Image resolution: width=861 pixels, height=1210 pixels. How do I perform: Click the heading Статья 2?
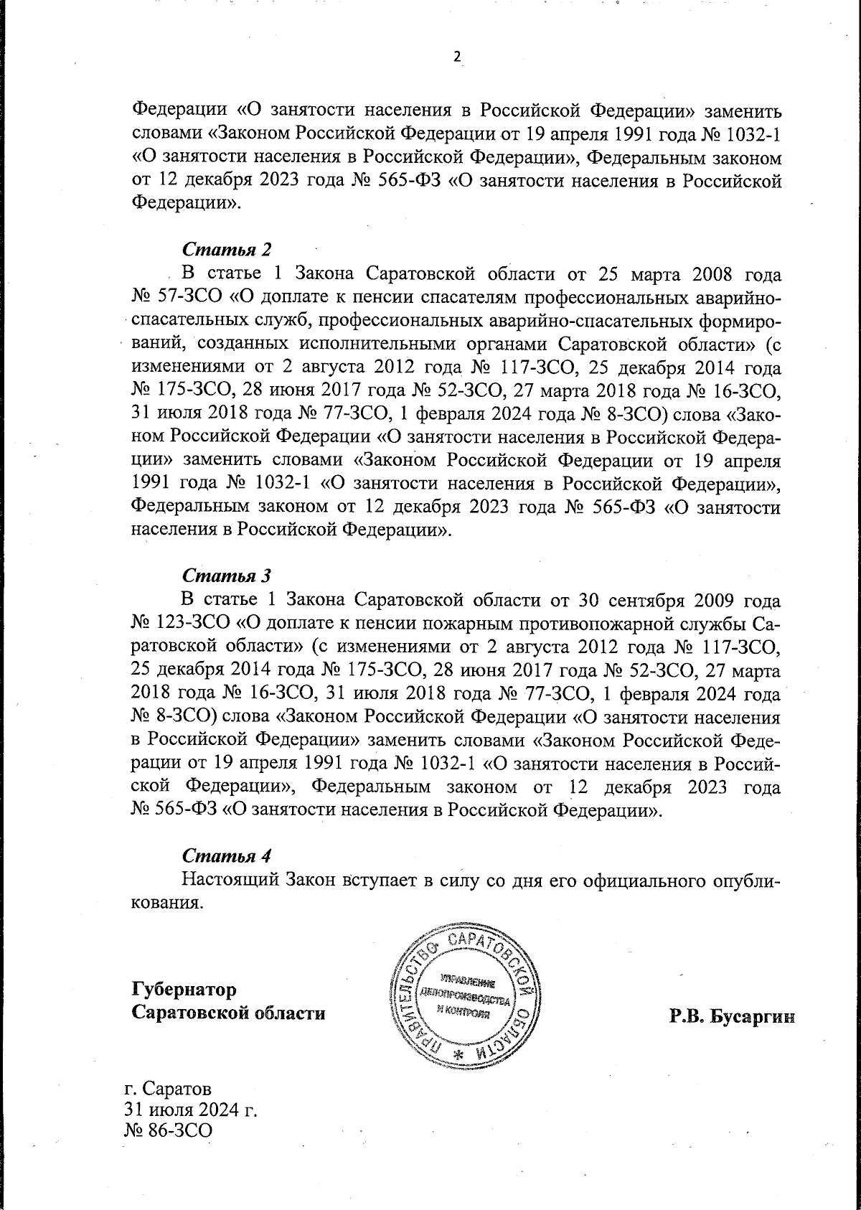tap(227, 250)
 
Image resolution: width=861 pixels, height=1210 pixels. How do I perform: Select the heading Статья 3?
tap(227, 575)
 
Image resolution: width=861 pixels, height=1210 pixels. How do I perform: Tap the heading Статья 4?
tap(227, 856)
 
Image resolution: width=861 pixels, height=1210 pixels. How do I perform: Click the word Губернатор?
tap(184, 990)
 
